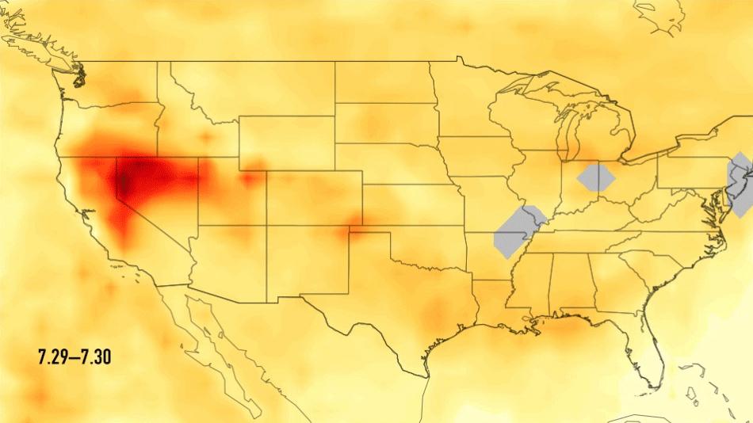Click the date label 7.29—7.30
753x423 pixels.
tap(74, 357)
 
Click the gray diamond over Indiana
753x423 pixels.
tap(596, 177)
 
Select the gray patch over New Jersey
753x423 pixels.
tap(740, 184)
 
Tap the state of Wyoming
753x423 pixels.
tap(285, 143)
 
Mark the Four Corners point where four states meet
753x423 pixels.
tap(266, 226)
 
